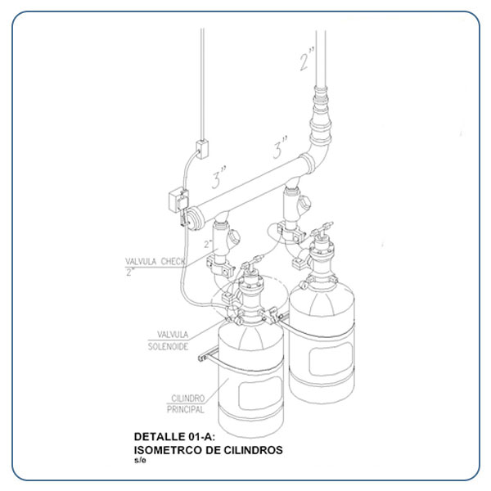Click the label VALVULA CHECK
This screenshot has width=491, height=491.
[155, 262]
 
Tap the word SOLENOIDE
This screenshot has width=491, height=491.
[168, 347]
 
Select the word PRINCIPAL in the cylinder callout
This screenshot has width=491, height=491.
[186, 409]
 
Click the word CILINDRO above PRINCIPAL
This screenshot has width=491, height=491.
[188, 399]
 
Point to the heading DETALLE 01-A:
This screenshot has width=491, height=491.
[175, 436]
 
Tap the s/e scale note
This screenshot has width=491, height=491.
[140, 460]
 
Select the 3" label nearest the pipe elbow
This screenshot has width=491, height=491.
[280, 147]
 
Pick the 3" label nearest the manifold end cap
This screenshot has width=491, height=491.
[218, 177]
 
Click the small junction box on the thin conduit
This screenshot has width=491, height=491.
[202, 149]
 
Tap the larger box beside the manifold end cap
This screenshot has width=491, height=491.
[178, 200]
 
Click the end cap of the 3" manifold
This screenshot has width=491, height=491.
[194, 218]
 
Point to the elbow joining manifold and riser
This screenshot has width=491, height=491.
[317, 156]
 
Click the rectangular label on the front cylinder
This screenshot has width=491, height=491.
[260, 393]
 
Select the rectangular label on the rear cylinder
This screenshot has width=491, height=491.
[331, 359]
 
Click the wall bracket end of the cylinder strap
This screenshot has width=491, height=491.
[204, 358]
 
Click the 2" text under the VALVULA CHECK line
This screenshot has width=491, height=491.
[130, 272]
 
